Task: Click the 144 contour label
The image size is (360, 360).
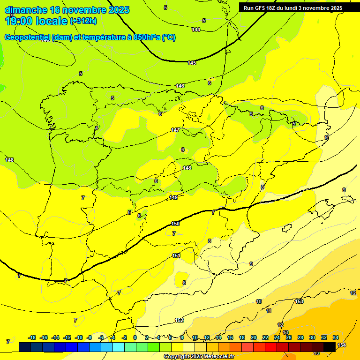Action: click(196, 30)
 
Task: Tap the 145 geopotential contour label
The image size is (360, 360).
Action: click(192, 63)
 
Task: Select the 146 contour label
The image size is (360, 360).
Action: click(180, 86)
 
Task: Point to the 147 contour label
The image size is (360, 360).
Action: click(175, 130)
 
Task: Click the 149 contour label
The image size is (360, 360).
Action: click(173, 197)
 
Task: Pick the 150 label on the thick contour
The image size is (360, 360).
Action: click(176, 224)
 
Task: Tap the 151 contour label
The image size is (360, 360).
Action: click(176, 255)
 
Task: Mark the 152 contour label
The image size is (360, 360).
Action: click(179, 320)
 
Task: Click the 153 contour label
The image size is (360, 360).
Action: click(300, 301)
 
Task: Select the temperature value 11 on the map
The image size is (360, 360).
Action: click(269, 311)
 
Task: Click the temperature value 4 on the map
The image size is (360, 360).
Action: click(97, 128)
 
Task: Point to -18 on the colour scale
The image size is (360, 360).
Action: click(32, 337)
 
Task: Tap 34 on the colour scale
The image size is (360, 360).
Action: click(336, 337)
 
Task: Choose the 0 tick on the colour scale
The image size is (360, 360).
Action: click(135, 337)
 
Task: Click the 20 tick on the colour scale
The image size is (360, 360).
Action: click(254, 337)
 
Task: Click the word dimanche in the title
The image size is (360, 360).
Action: click(26, 10)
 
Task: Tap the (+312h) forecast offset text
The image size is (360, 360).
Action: click(83, 21)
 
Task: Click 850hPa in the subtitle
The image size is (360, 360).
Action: click(147, 37)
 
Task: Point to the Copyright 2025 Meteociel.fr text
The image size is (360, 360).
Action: click(199, 356)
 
